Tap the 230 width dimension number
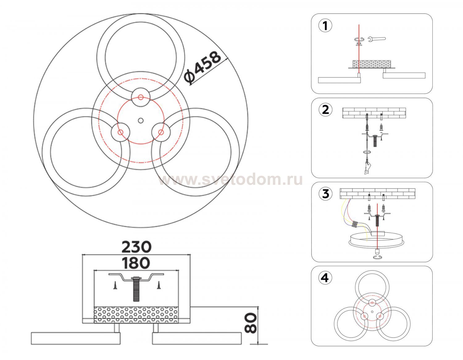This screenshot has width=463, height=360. tap(136, 247)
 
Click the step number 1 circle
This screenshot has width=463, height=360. tap(325, 26)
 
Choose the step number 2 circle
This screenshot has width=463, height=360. tap(325, 110)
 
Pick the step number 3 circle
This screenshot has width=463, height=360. tap(325, 194)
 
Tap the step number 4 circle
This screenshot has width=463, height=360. tap(325, 278)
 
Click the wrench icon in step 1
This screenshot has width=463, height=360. tap(377, 39)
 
